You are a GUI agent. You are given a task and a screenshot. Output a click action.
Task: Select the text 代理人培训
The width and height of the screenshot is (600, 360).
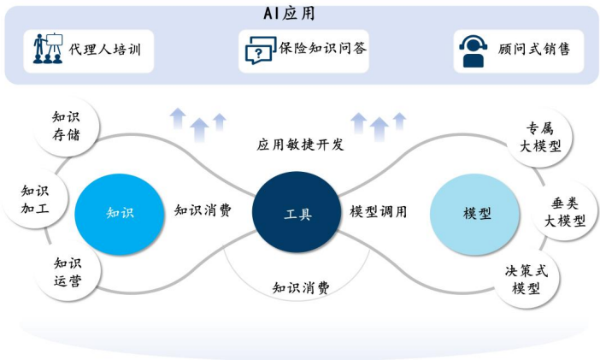pos(104,50)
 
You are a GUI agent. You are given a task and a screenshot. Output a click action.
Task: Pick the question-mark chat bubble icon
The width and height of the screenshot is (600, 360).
pos(257,50)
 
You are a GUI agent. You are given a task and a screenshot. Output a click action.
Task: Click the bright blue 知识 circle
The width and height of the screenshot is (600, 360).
pos(119,212)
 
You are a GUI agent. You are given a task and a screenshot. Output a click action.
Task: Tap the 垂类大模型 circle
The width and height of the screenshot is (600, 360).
pos(564,210)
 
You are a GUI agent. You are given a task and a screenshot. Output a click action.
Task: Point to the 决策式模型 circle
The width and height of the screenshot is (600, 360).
pos(532,279)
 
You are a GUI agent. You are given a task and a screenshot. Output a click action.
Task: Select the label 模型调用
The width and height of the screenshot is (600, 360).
pos(379,210)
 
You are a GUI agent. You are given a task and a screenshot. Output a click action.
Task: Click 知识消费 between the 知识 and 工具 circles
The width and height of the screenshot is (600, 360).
pos(203,210)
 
